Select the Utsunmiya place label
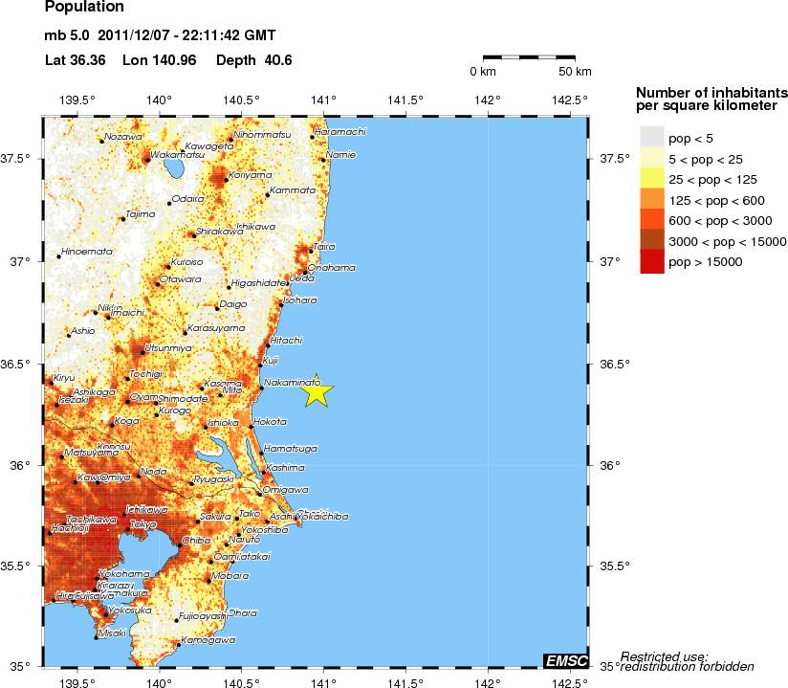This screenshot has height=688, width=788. pos(167,348)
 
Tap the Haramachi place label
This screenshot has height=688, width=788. pos(340,131)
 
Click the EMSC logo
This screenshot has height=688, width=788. pos(564,660)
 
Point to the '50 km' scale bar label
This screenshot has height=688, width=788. pos(575,72)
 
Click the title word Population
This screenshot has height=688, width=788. pos(84,8)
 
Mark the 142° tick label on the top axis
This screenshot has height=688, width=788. pos(488,99)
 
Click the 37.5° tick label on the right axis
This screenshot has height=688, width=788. pos(614,158)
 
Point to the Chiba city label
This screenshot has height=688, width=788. pos(196,541)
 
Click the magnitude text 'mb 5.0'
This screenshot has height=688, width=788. pos(66,36)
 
